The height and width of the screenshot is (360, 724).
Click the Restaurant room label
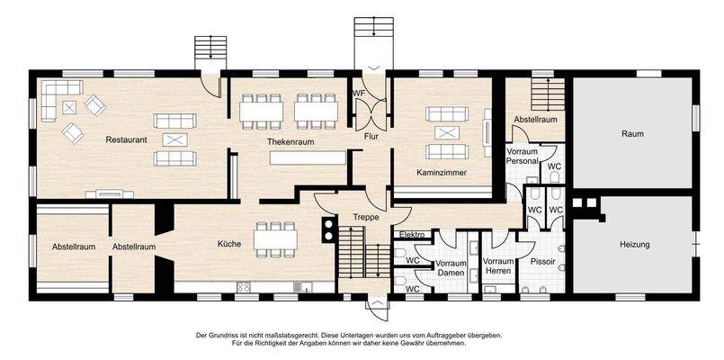pyautogui.click(x=126, y=140)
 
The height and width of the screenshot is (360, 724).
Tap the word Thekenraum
pyautogui.click(x=290, y=142)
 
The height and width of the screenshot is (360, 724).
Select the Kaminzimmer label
pyautogui.click(x=441, y=172)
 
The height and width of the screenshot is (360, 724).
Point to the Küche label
pyautogui.click(x=228, y=243)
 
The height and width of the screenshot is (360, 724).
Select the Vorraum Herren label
pyautogui.click(x=498, y=265)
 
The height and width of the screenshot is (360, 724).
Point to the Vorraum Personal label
pyautogui.click(x=522, y=157)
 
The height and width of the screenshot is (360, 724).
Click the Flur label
pyautogui.click(x=371, y=137)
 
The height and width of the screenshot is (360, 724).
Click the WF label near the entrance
pyautogui.click(x=357, y=92)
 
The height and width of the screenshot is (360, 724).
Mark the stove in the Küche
pyautogui.click(x=243, y=287)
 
